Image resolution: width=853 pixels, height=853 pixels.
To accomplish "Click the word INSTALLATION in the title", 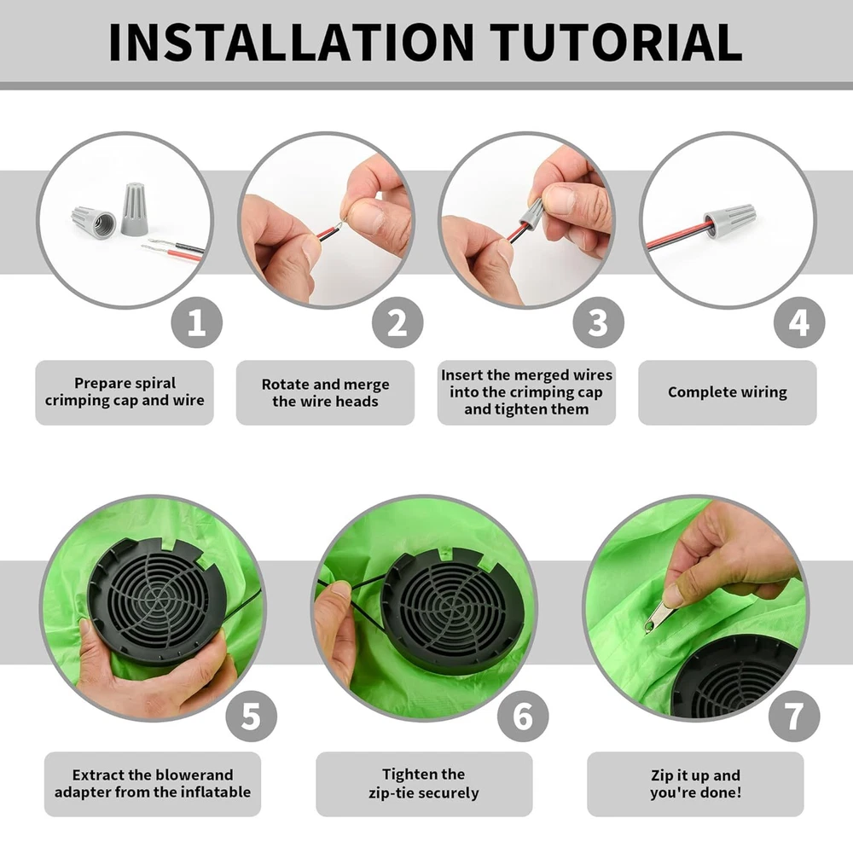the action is tap(292, 42).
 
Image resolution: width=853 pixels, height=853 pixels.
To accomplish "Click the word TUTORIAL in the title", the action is tap(617, 42).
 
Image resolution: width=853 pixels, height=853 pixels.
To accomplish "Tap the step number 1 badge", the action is tap(197, 322).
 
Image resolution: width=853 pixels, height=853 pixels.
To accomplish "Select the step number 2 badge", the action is tap(397, 322).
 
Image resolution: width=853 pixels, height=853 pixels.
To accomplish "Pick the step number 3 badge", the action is tap(599, 322).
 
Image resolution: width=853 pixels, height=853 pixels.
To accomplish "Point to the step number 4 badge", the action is tap(799, 322).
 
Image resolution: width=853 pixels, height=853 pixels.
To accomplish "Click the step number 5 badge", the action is tap(252, 716).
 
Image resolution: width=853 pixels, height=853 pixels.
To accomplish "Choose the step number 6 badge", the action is tap(523, 716).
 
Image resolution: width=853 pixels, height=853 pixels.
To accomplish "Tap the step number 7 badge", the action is tap(794, 716).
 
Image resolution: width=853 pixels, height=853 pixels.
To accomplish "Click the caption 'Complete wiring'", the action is tap(728, 392).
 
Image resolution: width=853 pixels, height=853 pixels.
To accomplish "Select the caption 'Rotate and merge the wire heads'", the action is tap(325, 392).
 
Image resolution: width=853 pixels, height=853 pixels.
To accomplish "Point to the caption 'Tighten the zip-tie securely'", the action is tap(424, 783).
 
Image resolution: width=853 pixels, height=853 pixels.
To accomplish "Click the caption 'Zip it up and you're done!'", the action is tap(695, 783).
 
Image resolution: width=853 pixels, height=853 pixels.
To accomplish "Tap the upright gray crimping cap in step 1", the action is tap(133, 210).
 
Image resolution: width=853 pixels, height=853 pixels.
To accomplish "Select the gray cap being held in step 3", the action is tap(531, 212).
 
